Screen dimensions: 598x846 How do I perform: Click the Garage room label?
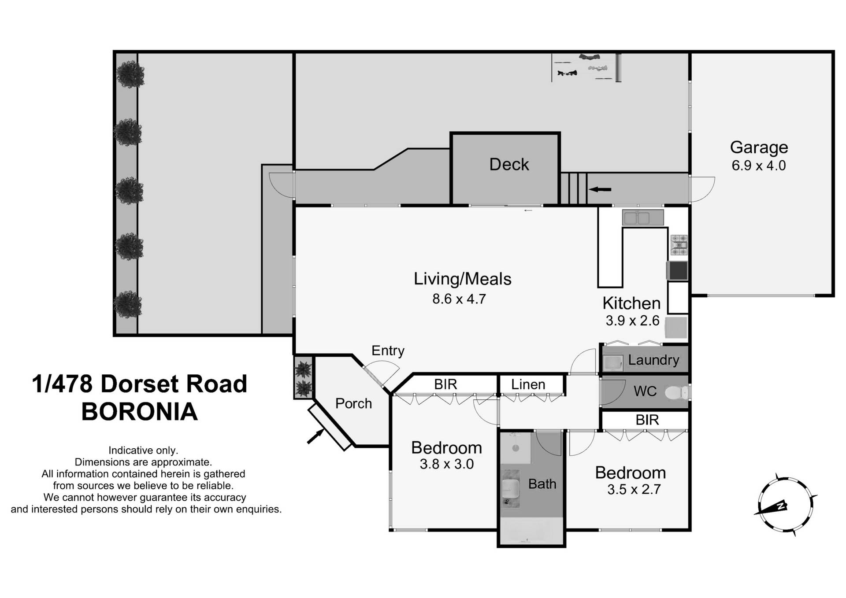point(759,147)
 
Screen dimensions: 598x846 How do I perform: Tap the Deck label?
point(509,164)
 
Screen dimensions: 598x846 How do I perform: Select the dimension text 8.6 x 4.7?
point(459,299)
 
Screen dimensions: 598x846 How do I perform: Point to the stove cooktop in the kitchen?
point(679,245)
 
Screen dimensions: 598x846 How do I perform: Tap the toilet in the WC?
point(676,392)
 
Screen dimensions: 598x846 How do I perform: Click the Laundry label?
point(653,360)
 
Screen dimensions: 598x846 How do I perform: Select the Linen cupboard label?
point(528,384)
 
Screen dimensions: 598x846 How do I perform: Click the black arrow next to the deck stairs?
point(600,189)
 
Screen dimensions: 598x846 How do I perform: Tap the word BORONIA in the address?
point(140,412)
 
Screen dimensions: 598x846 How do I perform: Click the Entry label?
point(388,351)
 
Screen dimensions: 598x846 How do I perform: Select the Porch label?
point(353,403)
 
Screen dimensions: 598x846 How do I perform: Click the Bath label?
point(542,484)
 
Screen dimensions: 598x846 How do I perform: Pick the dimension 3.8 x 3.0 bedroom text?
point(446,464)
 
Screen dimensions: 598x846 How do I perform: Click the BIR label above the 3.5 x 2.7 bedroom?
point(647,420)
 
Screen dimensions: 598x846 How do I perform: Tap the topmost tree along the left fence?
point(130,74)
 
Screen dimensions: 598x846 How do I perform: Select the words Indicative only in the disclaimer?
point(143,450)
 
